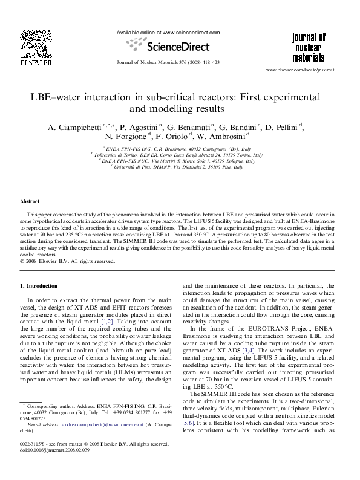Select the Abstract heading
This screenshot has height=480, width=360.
(30, 201)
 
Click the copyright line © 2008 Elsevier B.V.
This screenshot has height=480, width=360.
(67, 261)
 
